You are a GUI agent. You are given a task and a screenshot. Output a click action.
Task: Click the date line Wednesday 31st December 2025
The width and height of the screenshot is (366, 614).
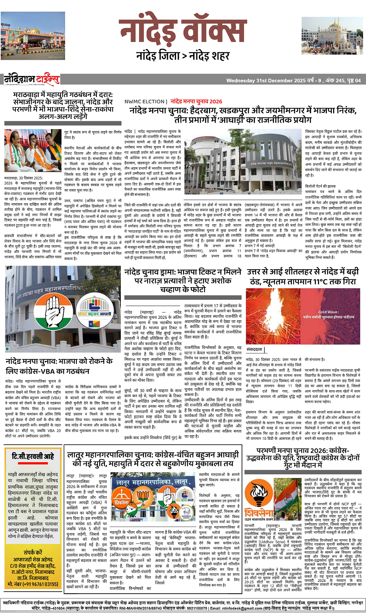[266, 80]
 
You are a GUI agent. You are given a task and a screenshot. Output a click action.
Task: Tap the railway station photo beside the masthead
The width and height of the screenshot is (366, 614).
[27, 36]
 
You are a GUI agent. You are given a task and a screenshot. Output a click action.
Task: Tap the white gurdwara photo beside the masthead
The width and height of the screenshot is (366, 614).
[331, 35]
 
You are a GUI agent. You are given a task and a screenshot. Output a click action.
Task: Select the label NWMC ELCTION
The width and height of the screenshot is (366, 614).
[144, 102]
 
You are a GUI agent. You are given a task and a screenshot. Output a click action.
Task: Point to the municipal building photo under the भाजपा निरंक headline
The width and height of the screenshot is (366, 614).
[242, 164]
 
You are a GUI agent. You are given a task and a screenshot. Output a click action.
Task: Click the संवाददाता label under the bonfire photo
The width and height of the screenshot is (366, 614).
[255, 349]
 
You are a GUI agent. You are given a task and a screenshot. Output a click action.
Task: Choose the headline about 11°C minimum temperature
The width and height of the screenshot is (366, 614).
[303, 276]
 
